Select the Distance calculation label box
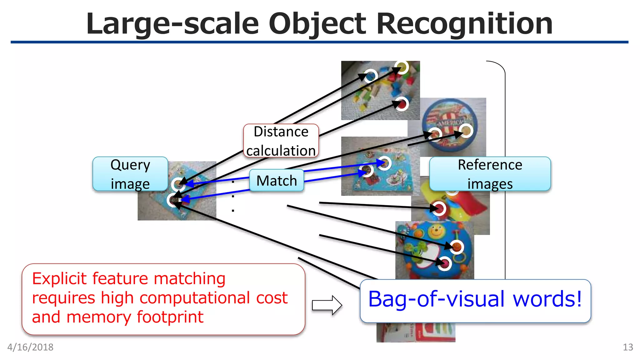pyautogui.click(x=281, y=141)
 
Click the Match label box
pyautogui.click(x=277, y=181)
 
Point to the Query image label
pyautogui.click(x=130, y=174)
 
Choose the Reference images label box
pyautogui.click(x=490, y=174)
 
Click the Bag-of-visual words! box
pyautogui.click(x=475, y=300)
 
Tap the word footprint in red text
pyautogui.click(x=170, y=317)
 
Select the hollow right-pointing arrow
pyautogui.click(x=327, y=305)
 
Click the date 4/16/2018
pyautogui.click(x=30, y=347)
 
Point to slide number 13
pyautogui.click(x=627, y=347)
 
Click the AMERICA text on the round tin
pyautogui.click(x=450, y=123)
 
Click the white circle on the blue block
pyautogui.click(x=371, y=76)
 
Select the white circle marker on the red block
pyautogui.click(x=402, y=104)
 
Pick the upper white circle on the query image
pyautogui.click(x=178, y=184)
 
